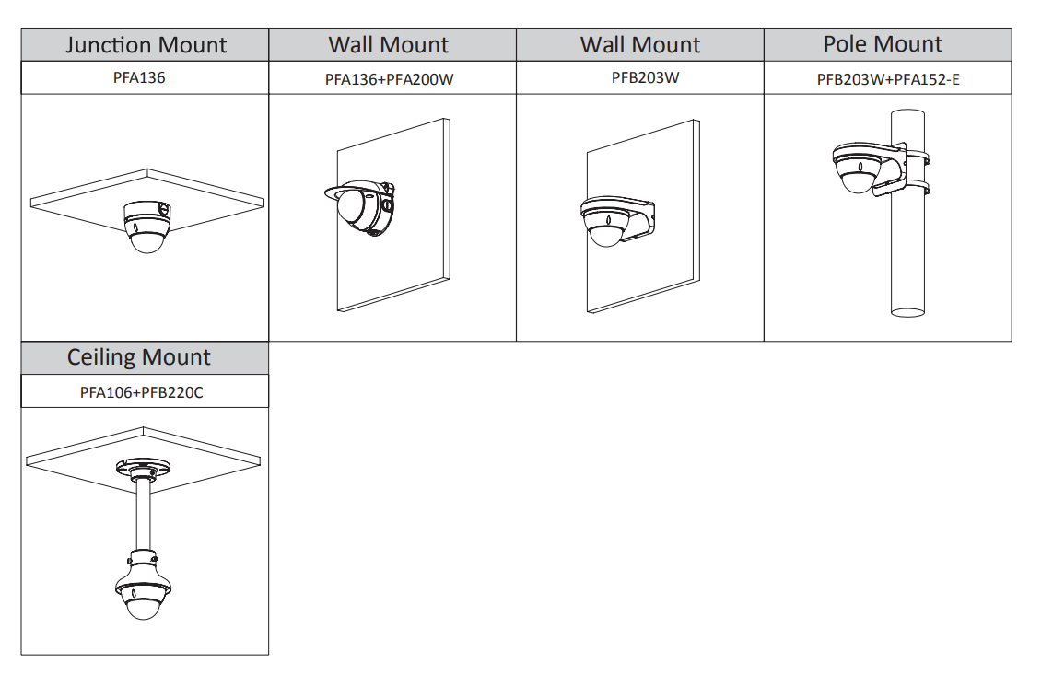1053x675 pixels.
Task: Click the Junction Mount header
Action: [x=146, y=45]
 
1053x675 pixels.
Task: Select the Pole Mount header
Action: [x=883, y=44]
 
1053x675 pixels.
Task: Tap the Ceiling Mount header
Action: [x=139, y=357]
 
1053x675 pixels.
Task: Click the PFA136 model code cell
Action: [x=139, y=78]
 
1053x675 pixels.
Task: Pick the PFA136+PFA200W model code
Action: [x=389, y=79]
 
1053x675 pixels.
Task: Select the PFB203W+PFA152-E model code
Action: [x=887, y=79]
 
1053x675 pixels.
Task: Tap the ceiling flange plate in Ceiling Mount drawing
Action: [x=141, y=467]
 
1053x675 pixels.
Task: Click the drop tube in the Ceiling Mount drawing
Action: [x=143, y=516]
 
